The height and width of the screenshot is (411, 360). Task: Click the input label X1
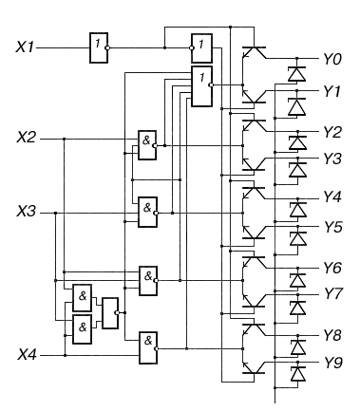[x=25, y=47]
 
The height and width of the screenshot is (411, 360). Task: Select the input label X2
[x=26, y=138]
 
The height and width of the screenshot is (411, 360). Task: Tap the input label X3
[x=26, y=212]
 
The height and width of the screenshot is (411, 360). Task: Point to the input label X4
[x=27, y=354]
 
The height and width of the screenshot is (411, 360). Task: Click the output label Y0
[x=332, y=59]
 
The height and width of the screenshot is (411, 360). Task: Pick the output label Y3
[x=332, y=159]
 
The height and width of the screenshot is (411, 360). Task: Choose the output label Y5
[x=332, y=227]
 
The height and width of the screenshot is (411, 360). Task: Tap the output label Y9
[x=333, y=363]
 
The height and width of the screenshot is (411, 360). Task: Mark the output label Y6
[x=332, y=268]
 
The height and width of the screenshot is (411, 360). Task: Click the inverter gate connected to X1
[x=99, y=47]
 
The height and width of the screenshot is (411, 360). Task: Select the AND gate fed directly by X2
[x=147, y=145]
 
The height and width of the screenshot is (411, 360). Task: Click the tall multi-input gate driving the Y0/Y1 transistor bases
[x=201, y=86]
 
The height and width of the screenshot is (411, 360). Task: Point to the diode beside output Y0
[x=296, y=74]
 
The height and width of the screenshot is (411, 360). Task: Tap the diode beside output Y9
[x=297, y=374]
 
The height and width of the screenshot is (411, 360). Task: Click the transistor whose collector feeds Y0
[x=254, y=52]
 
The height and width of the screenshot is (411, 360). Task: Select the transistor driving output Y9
[x=254, y=367]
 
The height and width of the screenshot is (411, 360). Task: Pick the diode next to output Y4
[x=298, y=210]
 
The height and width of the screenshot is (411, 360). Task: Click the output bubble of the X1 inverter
[x=107, y=47]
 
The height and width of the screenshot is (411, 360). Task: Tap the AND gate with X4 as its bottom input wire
[x=148, y=347]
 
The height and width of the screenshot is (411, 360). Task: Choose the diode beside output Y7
[x=297, y=308]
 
